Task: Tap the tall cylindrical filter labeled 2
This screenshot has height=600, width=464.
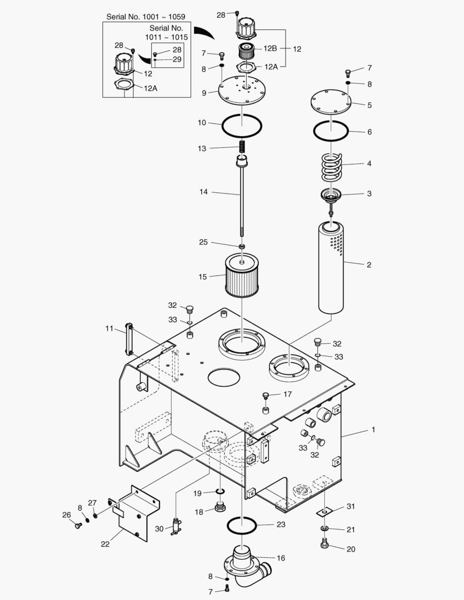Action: click(332, 267)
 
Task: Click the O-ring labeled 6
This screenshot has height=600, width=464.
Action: click(331, 132)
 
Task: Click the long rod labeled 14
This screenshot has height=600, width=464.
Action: click(242, 200)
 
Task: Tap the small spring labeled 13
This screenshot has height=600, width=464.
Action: click(242, 148)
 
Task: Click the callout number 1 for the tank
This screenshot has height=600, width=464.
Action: click(373, 430)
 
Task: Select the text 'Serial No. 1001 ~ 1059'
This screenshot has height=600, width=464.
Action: click(146, 17)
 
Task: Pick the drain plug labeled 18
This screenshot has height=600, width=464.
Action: click(220, 508)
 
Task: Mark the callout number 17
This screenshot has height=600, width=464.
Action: click(287, 394)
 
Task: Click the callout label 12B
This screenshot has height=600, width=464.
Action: click(270, 48)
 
